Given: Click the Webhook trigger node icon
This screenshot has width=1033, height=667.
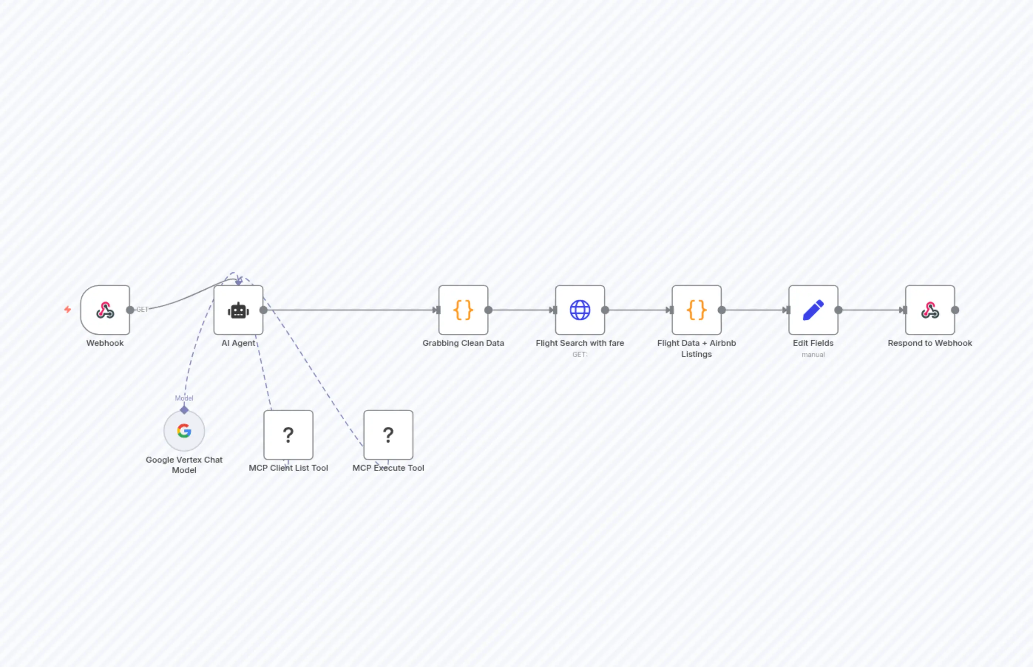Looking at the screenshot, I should click(x=105, y=310).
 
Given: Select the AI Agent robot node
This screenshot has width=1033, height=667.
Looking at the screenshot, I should click(x=238, y=310).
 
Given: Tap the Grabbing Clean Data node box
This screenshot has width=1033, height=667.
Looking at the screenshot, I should click(x=463, y=310).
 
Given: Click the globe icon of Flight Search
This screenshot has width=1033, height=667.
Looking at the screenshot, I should click(x=580, y=310).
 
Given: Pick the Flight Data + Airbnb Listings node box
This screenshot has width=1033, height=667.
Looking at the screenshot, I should click(x=696, y=310).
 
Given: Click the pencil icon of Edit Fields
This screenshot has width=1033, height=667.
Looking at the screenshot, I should click(x=813, y=310).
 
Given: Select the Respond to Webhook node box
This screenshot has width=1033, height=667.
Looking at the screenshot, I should click(x=929, y=310).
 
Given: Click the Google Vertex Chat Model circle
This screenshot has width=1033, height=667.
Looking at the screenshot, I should click(x=184, y=431).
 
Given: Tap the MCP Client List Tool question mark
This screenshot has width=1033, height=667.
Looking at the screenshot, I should click(x=288, y=435).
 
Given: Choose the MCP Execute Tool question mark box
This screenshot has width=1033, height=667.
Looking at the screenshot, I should click(x=388, y=435).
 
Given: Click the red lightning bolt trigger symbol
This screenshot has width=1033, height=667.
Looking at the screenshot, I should click(x=68, y=309).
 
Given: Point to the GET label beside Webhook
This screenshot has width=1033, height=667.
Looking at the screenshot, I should click(x=142, y=309).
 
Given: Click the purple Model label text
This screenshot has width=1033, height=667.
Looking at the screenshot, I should click(x=184, y=398).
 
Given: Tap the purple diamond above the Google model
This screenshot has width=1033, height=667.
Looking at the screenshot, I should click(x=184, y=410).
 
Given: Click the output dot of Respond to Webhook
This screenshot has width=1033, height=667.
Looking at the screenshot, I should click(x=955, y=310).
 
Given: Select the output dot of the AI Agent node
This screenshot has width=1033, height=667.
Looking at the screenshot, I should click(x=264, y=310).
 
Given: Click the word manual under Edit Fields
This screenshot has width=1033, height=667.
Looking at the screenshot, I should click(x=813, y=355).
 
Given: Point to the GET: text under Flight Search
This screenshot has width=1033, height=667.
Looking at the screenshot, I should click(x=580, y=355).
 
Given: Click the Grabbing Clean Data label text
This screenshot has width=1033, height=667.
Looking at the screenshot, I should click(x=463, y=343).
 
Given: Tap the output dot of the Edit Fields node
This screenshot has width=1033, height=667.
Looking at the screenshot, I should click(x=839, y=310).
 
